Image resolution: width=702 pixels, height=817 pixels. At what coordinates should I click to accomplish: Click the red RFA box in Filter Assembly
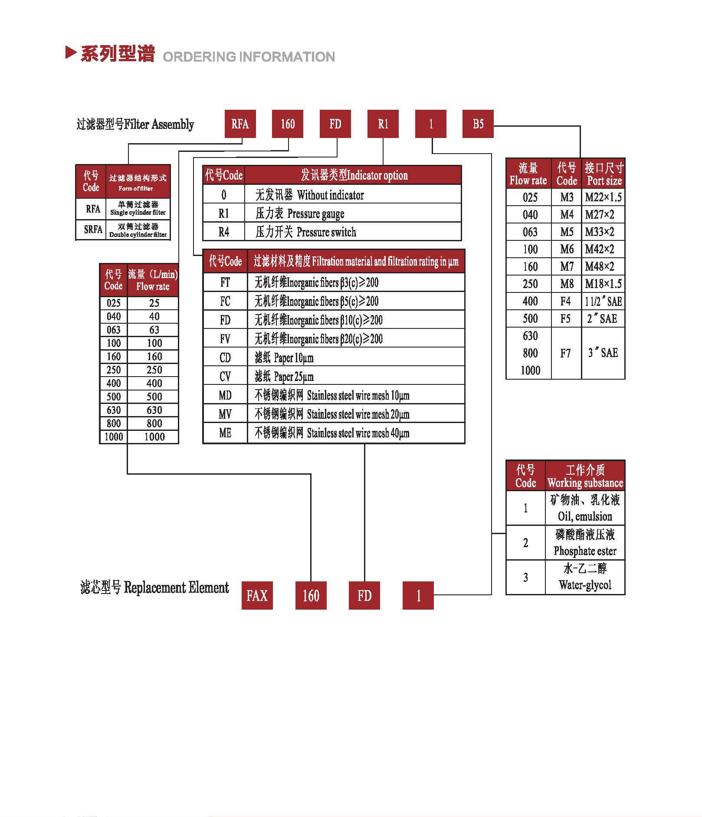pyautogui.click(x=240, y=124)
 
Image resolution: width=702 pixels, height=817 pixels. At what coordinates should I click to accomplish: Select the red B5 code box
pyautogui.click(x=478, y=124)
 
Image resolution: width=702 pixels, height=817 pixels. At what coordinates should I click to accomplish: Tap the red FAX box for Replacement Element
pyautogui.click(x=257, y=595)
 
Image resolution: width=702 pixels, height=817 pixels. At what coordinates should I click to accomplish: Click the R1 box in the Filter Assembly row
pyautogui.click(x=383, y=124)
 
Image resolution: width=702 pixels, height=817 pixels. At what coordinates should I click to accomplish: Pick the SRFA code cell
pyautogui.click(x=93, y=230)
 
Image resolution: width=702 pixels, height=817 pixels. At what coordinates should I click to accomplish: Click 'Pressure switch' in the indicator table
pyautogui.click(x=326, y=233)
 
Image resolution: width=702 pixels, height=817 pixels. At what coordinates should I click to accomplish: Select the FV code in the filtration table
pyautogui.click(x=225, y=338)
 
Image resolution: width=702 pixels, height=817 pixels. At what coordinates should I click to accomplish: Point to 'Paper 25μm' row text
pyautogui.click(x=293, y=376)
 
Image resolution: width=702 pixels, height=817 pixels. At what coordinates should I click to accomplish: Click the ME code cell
pyautogui.click(x=225, y=433)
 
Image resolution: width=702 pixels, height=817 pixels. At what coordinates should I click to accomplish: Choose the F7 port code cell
pyautogui.click(x=565, y=353)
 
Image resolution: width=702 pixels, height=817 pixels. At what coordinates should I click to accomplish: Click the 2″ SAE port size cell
pyautogui.click(x=602, y=318)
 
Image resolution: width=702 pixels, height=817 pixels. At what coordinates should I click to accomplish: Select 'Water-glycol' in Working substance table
pyautogui.click(x=585, y=585)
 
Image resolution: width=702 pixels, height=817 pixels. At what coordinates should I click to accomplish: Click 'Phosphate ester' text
pyautogui.click(x=585, y=551)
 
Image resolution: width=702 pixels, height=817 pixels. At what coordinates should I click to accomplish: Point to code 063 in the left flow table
pyautogui.click(x=114, y=330)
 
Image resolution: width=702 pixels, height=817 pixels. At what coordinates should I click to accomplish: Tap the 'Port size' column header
pyautogui.click(x=604, y=180)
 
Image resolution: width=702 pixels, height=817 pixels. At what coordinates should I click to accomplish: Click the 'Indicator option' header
pyautogui.click(x=377, y=175)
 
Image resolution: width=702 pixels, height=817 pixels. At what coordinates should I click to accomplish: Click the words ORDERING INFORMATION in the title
pyautogui.click(x=249, y=57)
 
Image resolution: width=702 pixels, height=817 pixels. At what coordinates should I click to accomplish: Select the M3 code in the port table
pyautogui.click(x=567, y=197)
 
